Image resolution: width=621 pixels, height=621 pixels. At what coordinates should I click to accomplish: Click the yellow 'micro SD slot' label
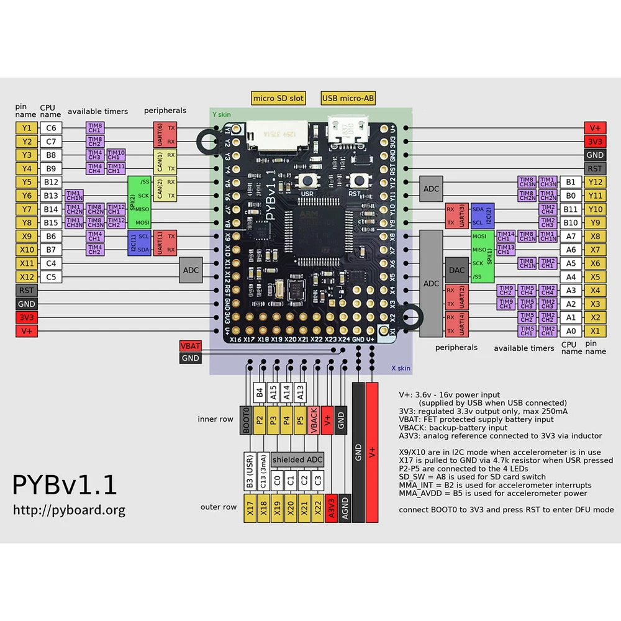point(278,98)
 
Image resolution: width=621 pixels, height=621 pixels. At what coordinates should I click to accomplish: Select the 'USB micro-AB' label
point(348,98)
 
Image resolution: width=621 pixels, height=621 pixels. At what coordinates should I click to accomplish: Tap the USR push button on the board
point(307,181)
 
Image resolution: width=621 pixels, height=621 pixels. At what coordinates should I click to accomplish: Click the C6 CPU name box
point(50,128)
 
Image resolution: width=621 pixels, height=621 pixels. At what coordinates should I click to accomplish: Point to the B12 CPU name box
point(50,182)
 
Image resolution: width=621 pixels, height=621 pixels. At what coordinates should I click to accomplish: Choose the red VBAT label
point(190,346)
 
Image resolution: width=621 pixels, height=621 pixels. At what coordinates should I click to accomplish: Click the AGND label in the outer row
point(345,507)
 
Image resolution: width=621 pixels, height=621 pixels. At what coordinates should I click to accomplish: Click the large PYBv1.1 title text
point(65,485)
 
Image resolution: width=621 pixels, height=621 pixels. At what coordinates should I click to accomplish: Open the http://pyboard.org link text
point(69,510)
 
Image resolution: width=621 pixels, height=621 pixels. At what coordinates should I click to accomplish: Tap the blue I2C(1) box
point(132,243)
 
